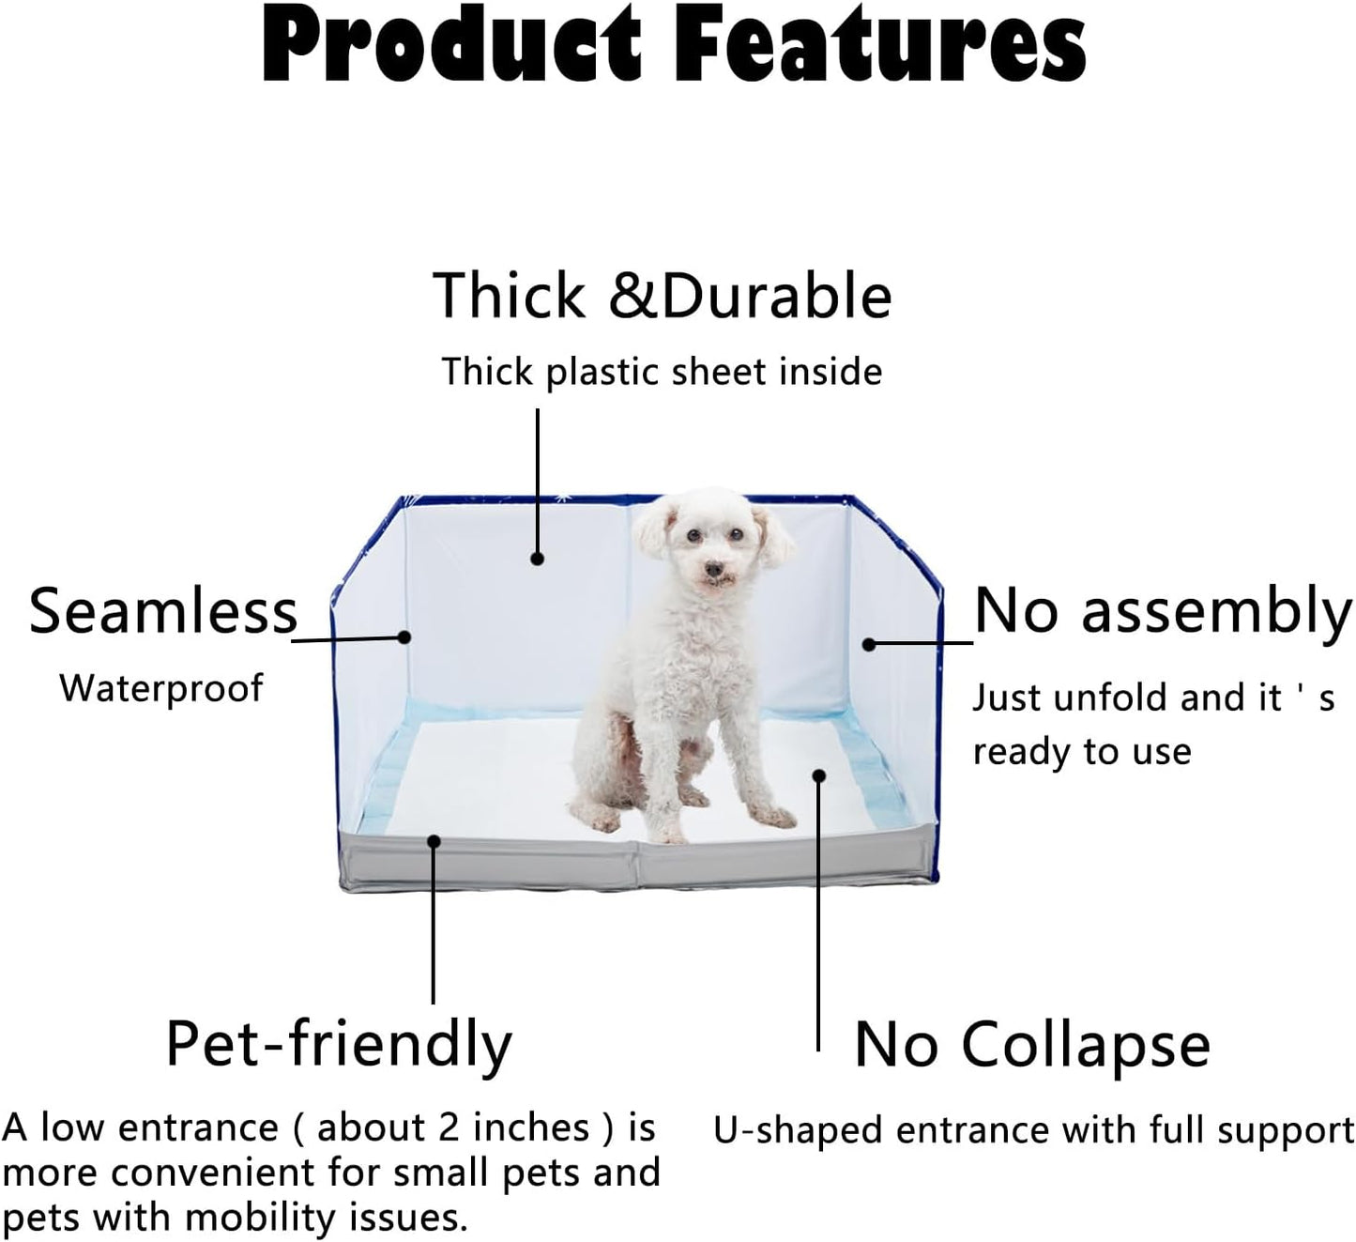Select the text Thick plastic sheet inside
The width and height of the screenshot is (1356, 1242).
pyautogui.click(x=662, y=372)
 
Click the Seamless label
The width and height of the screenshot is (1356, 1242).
pyautogui.click(x=163, y=611)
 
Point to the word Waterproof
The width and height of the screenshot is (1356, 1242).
pyautogui.click(x=160, y=689)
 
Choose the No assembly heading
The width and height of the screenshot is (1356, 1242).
pyautogui.click(x=1164, y=612)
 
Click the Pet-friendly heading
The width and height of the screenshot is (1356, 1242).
pyautogui.click(x=339, y=1045)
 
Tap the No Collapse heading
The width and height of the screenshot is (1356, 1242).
pyautogui.click(x=1031, y=1045)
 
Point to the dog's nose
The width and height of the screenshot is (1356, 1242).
pyautogui.click(x=713, y=570)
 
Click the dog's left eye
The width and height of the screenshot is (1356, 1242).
pyautogui.click(x=737, y=535)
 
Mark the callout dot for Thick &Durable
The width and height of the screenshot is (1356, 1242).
pyautogui.click(x=538, y=559)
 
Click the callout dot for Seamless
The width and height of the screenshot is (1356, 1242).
pyautogui.click(x=404, y=636)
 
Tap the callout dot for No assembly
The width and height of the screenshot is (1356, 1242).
pyautogui.click(x=869, y=645)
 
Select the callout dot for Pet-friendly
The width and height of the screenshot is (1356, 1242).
pyautogui.click(x=434, y=841)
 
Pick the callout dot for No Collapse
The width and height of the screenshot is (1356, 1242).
pyautogui.click(x=819, y=775)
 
